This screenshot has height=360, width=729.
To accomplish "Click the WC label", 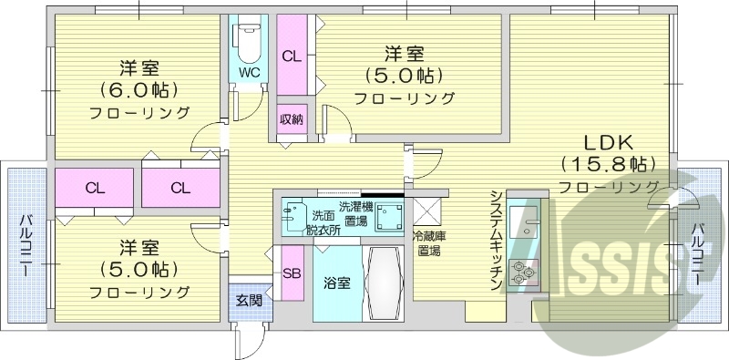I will click(249, 70).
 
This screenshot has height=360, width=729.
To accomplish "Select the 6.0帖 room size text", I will click(139, 89).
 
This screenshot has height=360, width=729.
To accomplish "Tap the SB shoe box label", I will click(293, 273).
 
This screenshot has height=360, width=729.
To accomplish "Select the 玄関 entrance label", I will click(249, 299).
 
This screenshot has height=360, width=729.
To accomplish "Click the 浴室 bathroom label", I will click(335, 283).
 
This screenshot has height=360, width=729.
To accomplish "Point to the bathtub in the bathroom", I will click(383, 283).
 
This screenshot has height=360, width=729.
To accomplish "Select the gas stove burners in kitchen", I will click(524, 271).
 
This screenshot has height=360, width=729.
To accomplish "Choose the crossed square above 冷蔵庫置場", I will click(426, 211).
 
